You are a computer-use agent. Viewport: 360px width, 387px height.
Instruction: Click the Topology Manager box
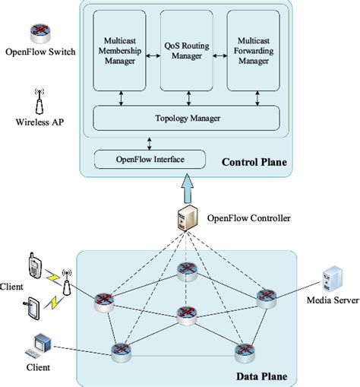click(186, 119)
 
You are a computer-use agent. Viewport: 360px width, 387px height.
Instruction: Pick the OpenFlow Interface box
click(149, 159)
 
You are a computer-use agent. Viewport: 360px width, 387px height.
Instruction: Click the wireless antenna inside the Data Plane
click(66, 281)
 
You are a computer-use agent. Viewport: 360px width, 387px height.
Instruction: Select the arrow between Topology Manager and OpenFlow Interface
click(149, 141)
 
